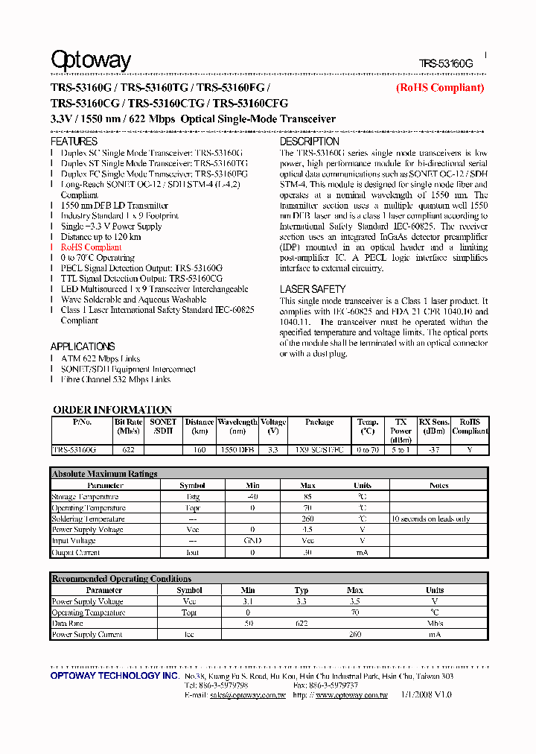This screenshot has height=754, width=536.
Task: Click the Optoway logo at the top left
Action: (x=90, y=60)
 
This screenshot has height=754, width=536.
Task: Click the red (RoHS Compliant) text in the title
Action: (x=439, y=88)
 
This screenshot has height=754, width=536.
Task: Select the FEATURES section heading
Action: (x=74, y=141)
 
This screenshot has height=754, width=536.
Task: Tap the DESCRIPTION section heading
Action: (x=309, y=141)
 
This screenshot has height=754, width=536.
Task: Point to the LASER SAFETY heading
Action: (x=312, y=289)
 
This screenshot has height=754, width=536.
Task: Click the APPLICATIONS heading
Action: (x=82, y=346)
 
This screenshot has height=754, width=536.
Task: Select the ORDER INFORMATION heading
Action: (x=112, y=410)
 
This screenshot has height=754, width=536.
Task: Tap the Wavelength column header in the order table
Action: (x=237, y=422)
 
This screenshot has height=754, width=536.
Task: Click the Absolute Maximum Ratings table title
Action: (x=104, y=474)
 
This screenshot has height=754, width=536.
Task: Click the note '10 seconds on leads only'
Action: (x=430, y=519)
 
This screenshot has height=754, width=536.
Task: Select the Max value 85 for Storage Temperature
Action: (x=307, y=497)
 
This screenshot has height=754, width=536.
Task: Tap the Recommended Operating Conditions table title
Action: (x=121, y=579)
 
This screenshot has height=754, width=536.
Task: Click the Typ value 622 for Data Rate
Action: (x=301, y=624)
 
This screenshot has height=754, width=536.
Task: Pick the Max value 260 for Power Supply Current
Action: (x=355, y=635)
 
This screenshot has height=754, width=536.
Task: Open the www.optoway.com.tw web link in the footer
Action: (x=351, y=695)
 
